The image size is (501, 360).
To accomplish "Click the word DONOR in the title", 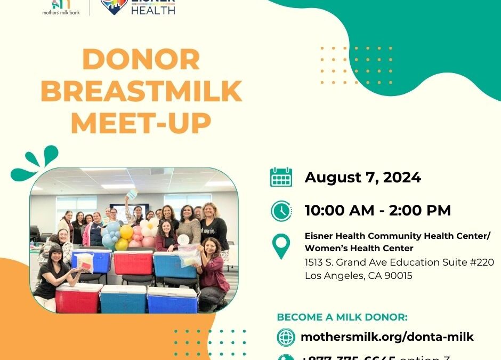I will pos(141,60).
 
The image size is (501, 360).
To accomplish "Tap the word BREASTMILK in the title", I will pos(141,91).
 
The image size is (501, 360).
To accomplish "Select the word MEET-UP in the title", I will pos(141,123).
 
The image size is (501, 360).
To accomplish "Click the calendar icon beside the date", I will pos(281,178).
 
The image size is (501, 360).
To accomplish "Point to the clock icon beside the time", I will pos(281,211).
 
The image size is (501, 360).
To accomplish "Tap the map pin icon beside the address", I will pos(281,246).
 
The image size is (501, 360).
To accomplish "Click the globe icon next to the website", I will pos(286,337).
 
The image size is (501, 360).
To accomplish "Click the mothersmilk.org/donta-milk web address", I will pos(387,337).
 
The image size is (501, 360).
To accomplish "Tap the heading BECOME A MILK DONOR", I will pos(342,317).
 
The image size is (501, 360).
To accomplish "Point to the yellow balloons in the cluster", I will pos(124,235).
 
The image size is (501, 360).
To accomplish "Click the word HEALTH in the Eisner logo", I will pos(153,9).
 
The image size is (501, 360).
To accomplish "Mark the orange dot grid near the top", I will pos(356,65).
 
